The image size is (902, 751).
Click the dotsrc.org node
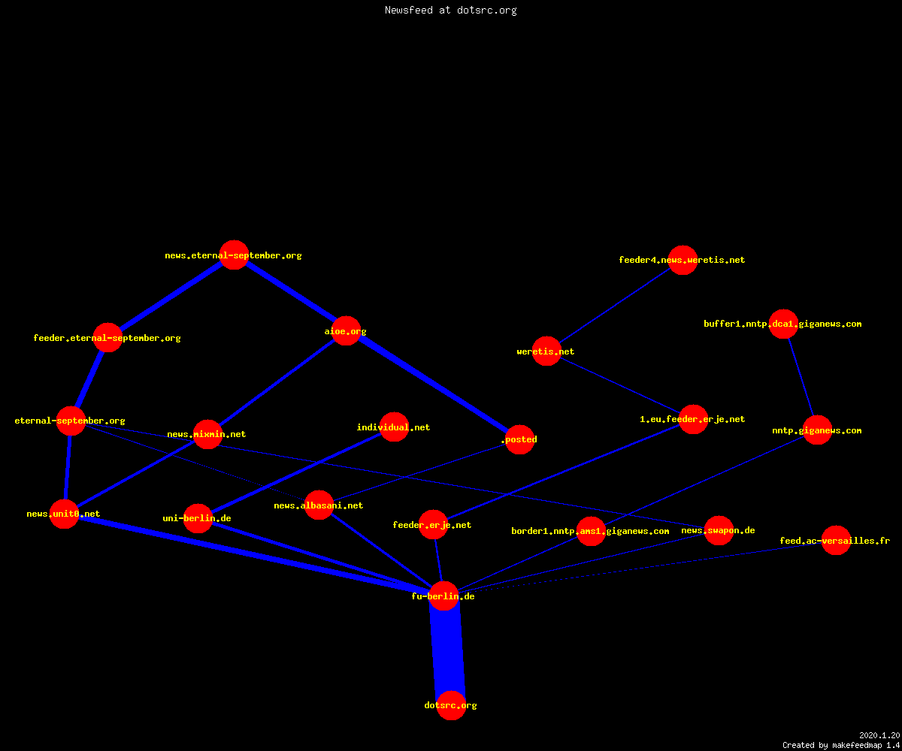(451, 705)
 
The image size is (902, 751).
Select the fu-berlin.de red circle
(443, 596)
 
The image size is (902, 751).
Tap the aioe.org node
(346, 331)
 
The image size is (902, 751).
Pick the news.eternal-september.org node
(234, 255)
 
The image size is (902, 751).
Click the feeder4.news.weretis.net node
(683, 260)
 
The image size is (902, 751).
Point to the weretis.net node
(546, 351)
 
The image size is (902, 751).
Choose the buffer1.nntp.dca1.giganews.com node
(783, 324)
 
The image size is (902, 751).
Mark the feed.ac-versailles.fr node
(836, 541)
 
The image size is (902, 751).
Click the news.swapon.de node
(719, 530)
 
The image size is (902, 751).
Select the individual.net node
(394, 427)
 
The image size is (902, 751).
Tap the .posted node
(519, 439)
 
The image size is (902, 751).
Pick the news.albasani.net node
(319, 505)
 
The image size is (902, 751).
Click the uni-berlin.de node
(198, 518)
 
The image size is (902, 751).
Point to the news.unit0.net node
(64, 514)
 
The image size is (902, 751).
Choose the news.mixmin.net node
(207, 434)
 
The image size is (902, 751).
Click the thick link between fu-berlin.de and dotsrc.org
(447, 650)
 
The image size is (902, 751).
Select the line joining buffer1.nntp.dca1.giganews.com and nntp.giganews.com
(801, 377)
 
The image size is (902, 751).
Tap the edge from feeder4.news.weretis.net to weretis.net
(614, 306)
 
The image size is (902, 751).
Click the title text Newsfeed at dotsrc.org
(450, 10)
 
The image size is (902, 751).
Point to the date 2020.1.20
(879, 735)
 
